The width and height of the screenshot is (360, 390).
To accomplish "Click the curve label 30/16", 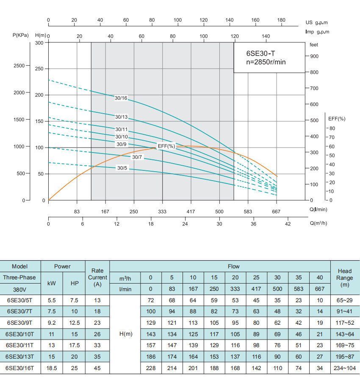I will (x=121, y=98).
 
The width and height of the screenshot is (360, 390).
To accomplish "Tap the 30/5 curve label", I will (x=122, y=168).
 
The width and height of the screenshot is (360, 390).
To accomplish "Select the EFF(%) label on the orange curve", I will (x=166, y=146).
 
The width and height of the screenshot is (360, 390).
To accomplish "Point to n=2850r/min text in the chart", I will (x=266, y=62).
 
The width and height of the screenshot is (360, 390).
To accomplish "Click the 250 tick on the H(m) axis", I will (x=39, y=69).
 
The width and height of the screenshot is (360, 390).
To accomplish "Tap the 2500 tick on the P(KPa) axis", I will (x=19, y=66).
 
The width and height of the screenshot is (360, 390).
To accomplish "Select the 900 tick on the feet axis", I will (x=314, y=56).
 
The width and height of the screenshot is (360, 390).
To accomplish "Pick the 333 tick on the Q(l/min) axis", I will (x=162, y=211).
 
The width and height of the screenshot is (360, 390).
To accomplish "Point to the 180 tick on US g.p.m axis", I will (x=281, y=20).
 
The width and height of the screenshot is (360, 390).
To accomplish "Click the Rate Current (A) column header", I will (x=97, y=278).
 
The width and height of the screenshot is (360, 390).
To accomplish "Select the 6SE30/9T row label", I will (x=20, y=322).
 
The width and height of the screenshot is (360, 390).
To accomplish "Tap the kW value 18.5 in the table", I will (x=51, y=368).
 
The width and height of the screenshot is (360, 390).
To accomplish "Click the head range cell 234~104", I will (x=345, y=368).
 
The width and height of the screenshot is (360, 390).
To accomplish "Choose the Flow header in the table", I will (x=233, y=267).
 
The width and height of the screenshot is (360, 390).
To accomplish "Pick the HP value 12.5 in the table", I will (x=75, y=322).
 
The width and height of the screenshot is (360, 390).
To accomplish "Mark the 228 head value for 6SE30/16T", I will (x=150, y=368).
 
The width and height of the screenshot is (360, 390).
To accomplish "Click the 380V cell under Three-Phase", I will (x=20, y=289).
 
